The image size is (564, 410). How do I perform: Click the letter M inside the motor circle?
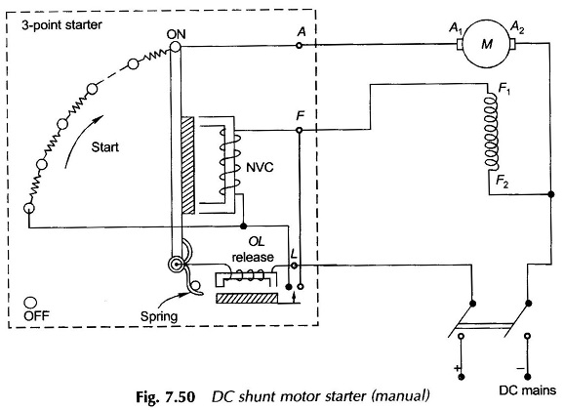click(x=487, y=44)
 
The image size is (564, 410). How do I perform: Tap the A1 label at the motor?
click(x=456, y=28)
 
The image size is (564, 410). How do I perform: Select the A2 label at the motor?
click(x=517, y=28)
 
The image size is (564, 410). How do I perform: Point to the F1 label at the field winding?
click(x=504, y=89)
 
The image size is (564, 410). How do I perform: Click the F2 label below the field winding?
click(x=503, y=182)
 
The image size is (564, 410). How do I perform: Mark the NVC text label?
click(x=260, y=167)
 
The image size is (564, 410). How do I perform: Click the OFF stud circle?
click(x=30, y=303)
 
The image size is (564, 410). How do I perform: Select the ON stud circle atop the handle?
click(x=176, y=47)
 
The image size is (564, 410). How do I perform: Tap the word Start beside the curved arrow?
click(x=104, y=146)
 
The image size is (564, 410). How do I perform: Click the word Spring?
click(x=159, y=316)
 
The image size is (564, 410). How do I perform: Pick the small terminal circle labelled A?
click(x=299, y=45)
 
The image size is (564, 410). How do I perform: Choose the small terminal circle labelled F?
click(x=299, y=130)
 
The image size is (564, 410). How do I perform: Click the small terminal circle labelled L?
click(x=294, y=266)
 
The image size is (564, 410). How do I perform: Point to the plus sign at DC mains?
click(x=458, y=368)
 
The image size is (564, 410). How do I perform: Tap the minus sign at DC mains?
click(x=520, y=368)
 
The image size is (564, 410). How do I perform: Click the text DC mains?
click(x=527, y=390)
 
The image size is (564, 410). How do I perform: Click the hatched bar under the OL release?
click(x=247, y=299)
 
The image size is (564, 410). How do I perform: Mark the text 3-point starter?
click(x=61, y=25)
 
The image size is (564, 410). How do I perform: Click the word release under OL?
click(x=253, y=257)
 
